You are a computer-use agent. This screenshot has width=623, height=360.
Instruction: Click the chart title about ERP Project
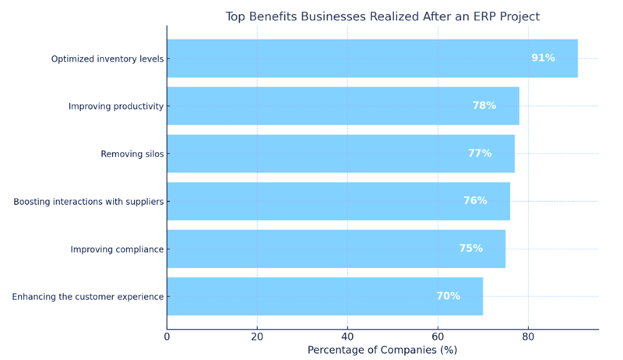click(x=382, y=16)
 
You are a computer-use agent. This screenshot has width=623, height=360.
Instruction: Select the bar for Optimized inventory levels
click(x=372, y=58)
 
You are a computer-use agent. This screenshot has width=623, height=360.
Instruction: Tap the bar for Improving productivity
click(x=343, y=106)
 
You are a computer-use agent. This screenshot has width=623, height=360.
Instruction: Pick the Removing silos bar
click(x=340, y=154)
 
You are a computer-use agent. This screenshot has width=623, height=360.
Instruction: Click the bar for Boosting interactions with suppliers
click(x=338, y=201)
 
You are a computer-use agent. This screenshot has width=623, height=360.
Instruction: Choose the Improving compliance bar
click(x=336, y=249)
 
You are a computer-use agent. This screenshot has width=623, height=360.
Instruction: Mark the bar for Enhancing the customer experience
click(x=325, y=296)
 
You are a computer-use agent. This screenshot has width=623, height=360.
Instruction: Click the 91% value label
click(x=543, y=58)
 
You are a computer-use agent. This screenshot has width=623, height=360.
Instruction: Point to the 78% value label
click(x=484, y=106)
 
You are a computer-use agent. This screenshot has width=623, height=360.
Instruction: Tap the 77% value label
click(x=480, y=154)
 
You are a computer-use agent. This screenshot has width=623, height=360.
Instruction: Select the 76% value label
click(x=475, y=201)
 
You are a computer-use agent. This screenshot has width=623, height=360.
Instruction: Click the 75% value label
click(x=470, y=249)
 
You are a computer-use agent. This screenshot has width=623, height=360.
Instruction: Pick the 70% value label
click(x=448, y=296)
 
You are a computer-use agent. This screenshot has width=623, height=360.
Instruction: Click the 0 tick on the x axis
click(x=167, y=337)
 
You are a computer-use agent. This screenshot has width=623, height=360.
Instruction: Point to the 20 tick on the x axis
click(x=257, y=337)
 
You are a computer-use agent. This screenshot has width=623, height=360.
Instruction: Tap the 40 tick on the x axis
click(x=347, y=337)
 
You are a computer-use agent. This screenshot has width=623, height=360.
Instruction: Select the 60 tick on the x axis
click(x=438, y=337)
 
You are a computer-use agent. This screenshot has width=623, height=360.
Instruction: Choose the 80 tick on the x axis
click(x=528, y=337)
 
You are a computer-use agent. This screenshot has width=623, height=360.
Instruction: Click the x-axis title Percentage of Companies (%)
click(x=382, y=351)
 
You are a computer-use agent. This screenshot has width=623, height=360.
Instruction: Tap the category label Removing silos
click(x=132, y=154)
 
